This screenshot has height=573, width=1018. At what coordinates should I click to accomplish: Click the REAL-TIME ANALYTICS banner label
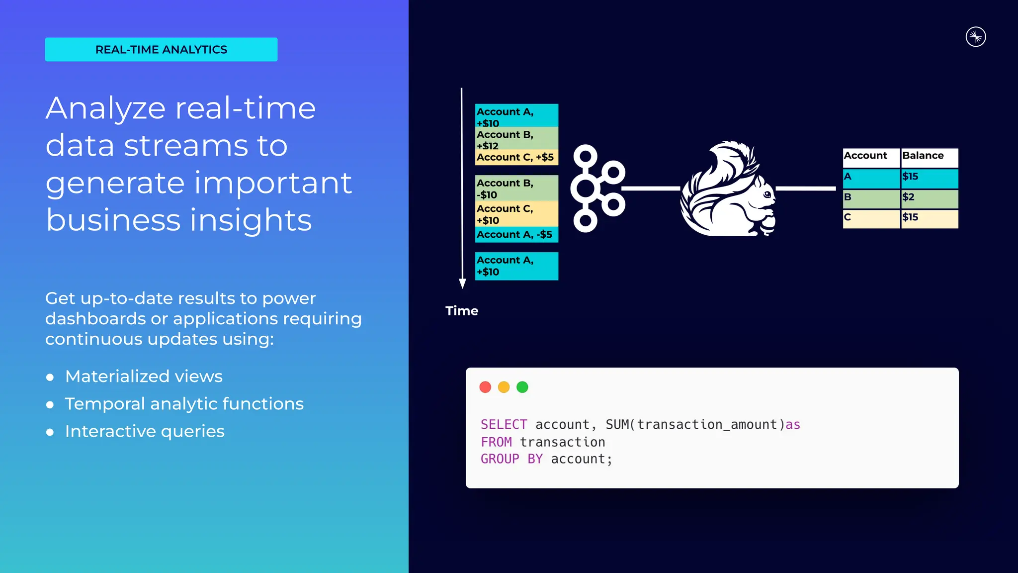(161, 50)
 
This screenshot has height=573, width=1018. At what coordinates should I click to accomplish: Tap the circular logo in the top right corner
(975, 37)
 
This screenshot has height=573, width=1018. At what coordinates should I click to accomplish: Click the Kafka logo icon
(596, 189)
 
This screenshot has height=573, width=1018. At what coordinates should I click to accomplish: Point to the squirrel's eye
(767, 194)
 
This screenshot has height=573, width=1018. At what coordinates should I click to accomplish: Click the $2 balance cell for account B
(929, 197)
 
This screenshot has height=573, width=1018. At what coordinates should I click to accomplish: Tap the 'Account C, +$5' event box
(516, 158)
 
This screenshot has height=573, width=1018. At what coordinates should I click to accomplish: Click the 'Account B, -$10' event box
(516, 189)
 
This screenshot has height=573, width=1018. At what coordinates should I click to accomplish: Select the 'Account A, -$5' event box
(516, 235)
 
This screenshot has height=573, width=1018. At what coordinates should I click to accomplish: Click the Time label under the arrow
(462, 311)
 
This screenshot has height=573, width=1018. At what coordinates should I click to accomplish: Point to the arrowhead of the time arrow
(462, 284)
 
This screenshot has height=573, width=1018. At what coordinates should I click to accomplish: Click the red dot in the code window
(485, 387)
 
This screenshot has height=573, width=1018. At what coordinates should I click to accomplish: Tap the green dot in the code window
(522, 387)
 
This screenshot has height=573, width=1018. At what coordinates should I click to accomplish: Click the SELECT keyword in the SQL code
(504, 424)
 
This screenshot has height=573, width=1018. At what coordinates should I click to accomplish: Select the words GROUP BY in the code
(511, 459)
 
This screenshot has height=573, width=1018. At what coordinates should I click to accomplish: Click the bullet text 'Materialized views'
(144, 377)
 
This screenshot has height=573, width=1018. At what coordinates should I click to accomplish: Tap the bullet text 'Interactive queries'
(145, 431)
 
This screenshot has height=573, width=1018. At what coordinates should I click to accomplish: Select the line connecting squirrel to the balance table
(805, 189)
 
